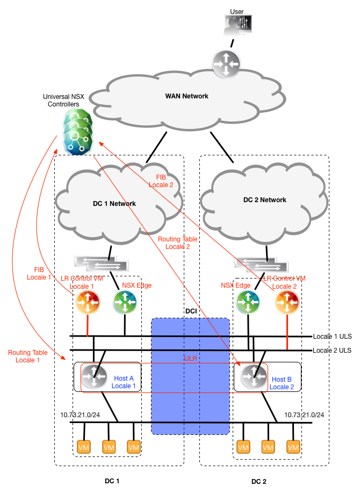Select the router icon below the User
tap(226, 62)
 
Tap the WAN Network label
tap(186, 96)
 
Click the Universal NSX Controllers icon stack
tap(76, 130)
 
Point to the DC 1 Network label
tap(114, 204)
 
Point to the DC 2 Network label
tap(264, 200)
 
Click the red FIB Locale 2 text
tap(164, 181)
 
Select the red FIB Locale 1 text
tap(40, 274)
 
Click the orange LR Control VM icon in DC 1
tap(87, 303)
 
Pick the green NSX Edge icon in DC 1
tap(125, 303)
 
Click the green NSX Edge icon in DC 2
tap(248, 303)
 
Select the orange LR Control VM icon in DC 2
tap(286, 303)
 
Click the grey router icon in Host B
tap(251, 376)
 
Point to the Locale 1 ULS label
tap(332, 337)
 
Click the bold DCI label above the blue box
tap(190, 311)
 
